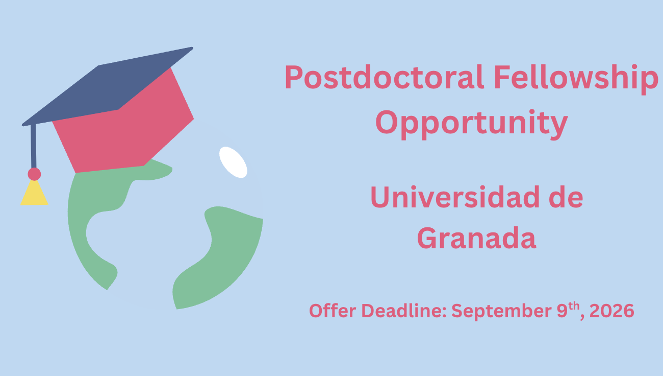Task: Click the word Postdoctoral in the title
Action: point(384,77)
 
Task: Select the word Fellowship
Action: point(576,79)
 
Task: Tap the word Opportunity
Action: point(472,124)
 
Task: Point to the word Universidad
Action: point(455,197)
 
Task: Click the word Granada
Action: point(476,238)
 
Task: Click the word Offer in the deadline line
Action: point(333,311)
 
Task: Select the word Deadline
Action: point(404,311)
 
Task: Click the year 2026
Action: point(612,311)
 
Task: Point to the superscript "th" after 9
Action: point(574,306)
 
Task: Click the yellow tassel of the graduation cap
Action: point(34,193)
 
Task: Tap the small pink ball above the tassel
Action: point(34,174)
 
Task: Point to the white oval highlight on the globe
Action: point(233,162)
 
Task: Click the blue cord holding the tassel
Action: point(34,147)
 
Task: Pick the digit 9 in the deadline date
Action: point(562,311)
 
